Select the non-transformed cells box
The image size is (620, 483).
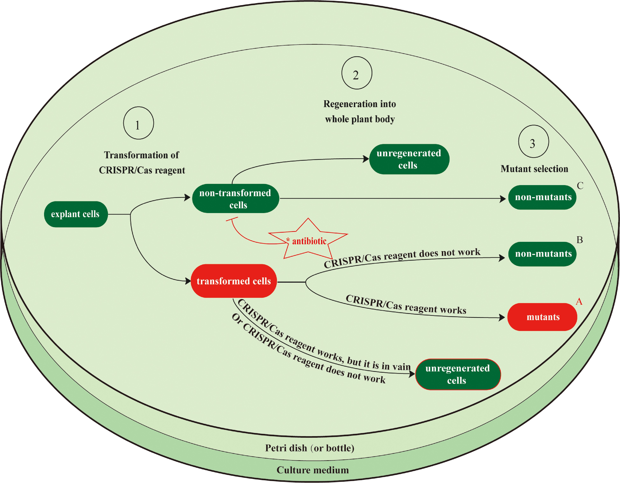(235, 199)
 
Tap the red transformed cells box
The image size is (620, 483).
(234, 281)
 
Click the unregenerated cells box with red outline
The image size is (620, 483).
(458, 374)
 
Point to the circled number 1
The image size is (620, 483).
(138, 123)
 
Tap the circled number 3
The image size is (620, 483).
(533, 142)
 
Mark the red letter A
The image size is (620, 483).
(579, 302)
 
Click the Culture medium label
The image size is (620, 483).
(313, 470)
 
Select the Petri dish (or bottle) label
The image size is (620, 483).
(309, 448)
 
